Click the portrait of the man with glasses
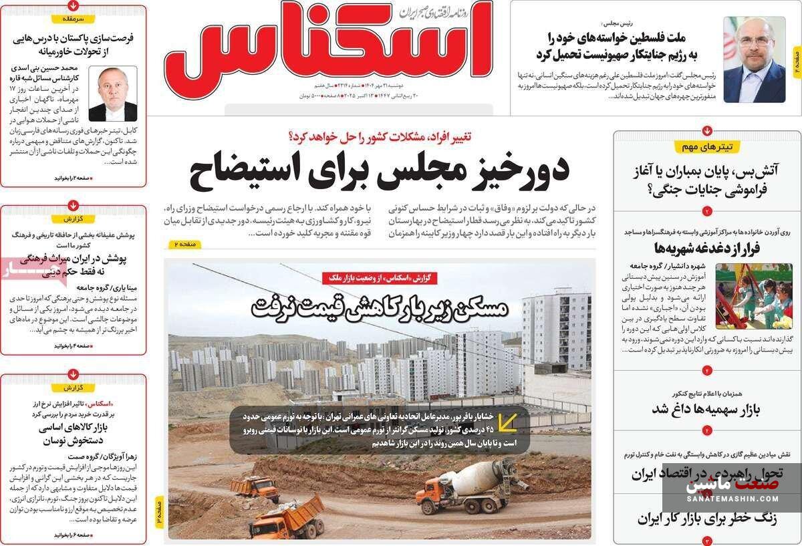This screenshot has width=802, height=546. [754, 59]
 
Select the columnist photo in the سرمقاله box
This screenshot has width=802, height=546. [112, 93]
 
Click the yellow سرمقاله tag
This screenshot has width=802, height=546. [73, 19]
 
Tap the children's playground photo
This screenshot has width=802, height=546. [753, 296]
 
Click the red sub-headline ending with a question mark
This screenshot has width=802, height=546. [379, 136]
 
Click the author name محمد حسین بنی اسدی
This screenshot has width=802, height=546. [45, 68]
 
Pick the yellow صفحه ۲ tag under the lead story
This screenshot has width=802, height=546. [183, 245]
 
